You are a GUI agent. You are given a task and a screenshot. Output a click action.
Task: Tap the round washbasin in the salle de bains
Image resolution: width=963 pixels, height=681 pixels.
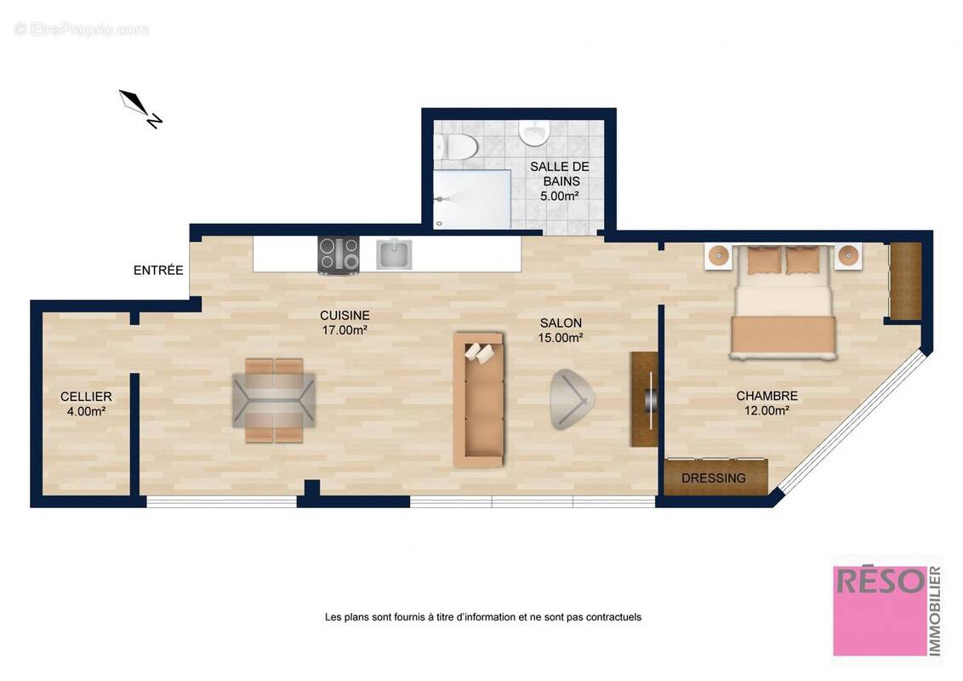tap(533, 132)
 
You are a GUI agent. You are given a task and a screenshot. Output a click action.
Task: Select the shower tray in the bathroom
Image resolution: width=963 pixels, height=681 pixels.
tap(472, 199)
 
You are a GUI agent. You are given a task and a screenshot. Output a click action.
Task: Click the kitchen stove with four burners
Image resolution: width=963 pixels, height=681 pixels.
tap(338, 255)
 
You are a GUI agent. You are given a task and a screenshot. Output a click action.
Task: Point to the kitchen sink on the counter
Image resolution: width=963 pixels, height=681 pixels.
tap(394, 254)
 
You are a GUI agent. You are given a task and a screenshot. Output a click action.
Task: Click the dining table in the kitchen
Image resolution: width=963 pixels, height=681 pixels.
tap(274, 400)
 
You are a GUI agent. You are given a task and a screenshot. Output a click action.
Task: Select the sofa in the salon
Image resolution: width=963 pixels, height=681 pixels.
tap(478, 399)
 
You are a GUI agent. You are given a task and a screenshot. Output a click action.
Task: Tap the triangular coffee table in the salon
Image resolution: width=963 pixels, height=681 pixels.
tap(571, 398)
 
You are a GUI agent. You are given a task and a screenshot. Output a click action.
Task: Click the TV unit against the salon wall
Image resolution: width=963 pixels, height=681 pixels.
tap(644, 398)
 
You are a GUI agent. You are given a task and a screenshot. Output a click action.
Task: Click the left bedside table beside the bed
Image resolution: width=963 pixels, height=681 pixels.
tap(719, 255)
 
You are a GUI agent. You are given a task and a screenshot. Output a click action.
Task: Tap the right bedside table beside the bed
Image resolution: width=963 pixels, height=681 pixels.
tap(848, 255)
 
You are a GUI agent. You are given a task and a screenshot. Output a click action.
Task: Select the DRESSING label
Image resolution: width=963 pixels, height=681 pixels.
tap(714, 478)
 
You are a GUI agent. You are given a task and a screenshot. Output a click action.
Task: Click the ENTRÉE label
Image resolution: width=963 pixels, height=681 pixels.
tap(158, 271)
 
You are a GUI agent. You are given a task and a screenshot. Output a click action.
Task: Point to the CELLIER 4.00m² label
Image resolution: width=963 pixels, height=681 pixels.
tap(85, 404)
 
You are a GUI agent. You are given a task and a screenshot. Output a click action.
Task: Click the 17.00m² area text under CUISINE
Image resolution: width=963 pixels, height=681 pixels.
tap(345, 330)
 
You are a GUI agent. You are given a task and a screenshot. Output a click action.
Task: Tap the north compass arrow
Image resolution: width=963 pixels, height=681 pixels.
tap(140, 108)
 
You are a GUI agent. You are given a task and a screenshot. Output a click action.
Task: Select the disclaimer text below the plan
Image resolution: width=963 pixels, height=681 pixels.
tap(482, 617)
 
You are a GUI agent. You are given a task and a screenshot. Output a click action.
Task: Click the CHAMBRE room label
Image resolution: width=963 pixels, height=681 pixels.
tap(766, 396)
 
